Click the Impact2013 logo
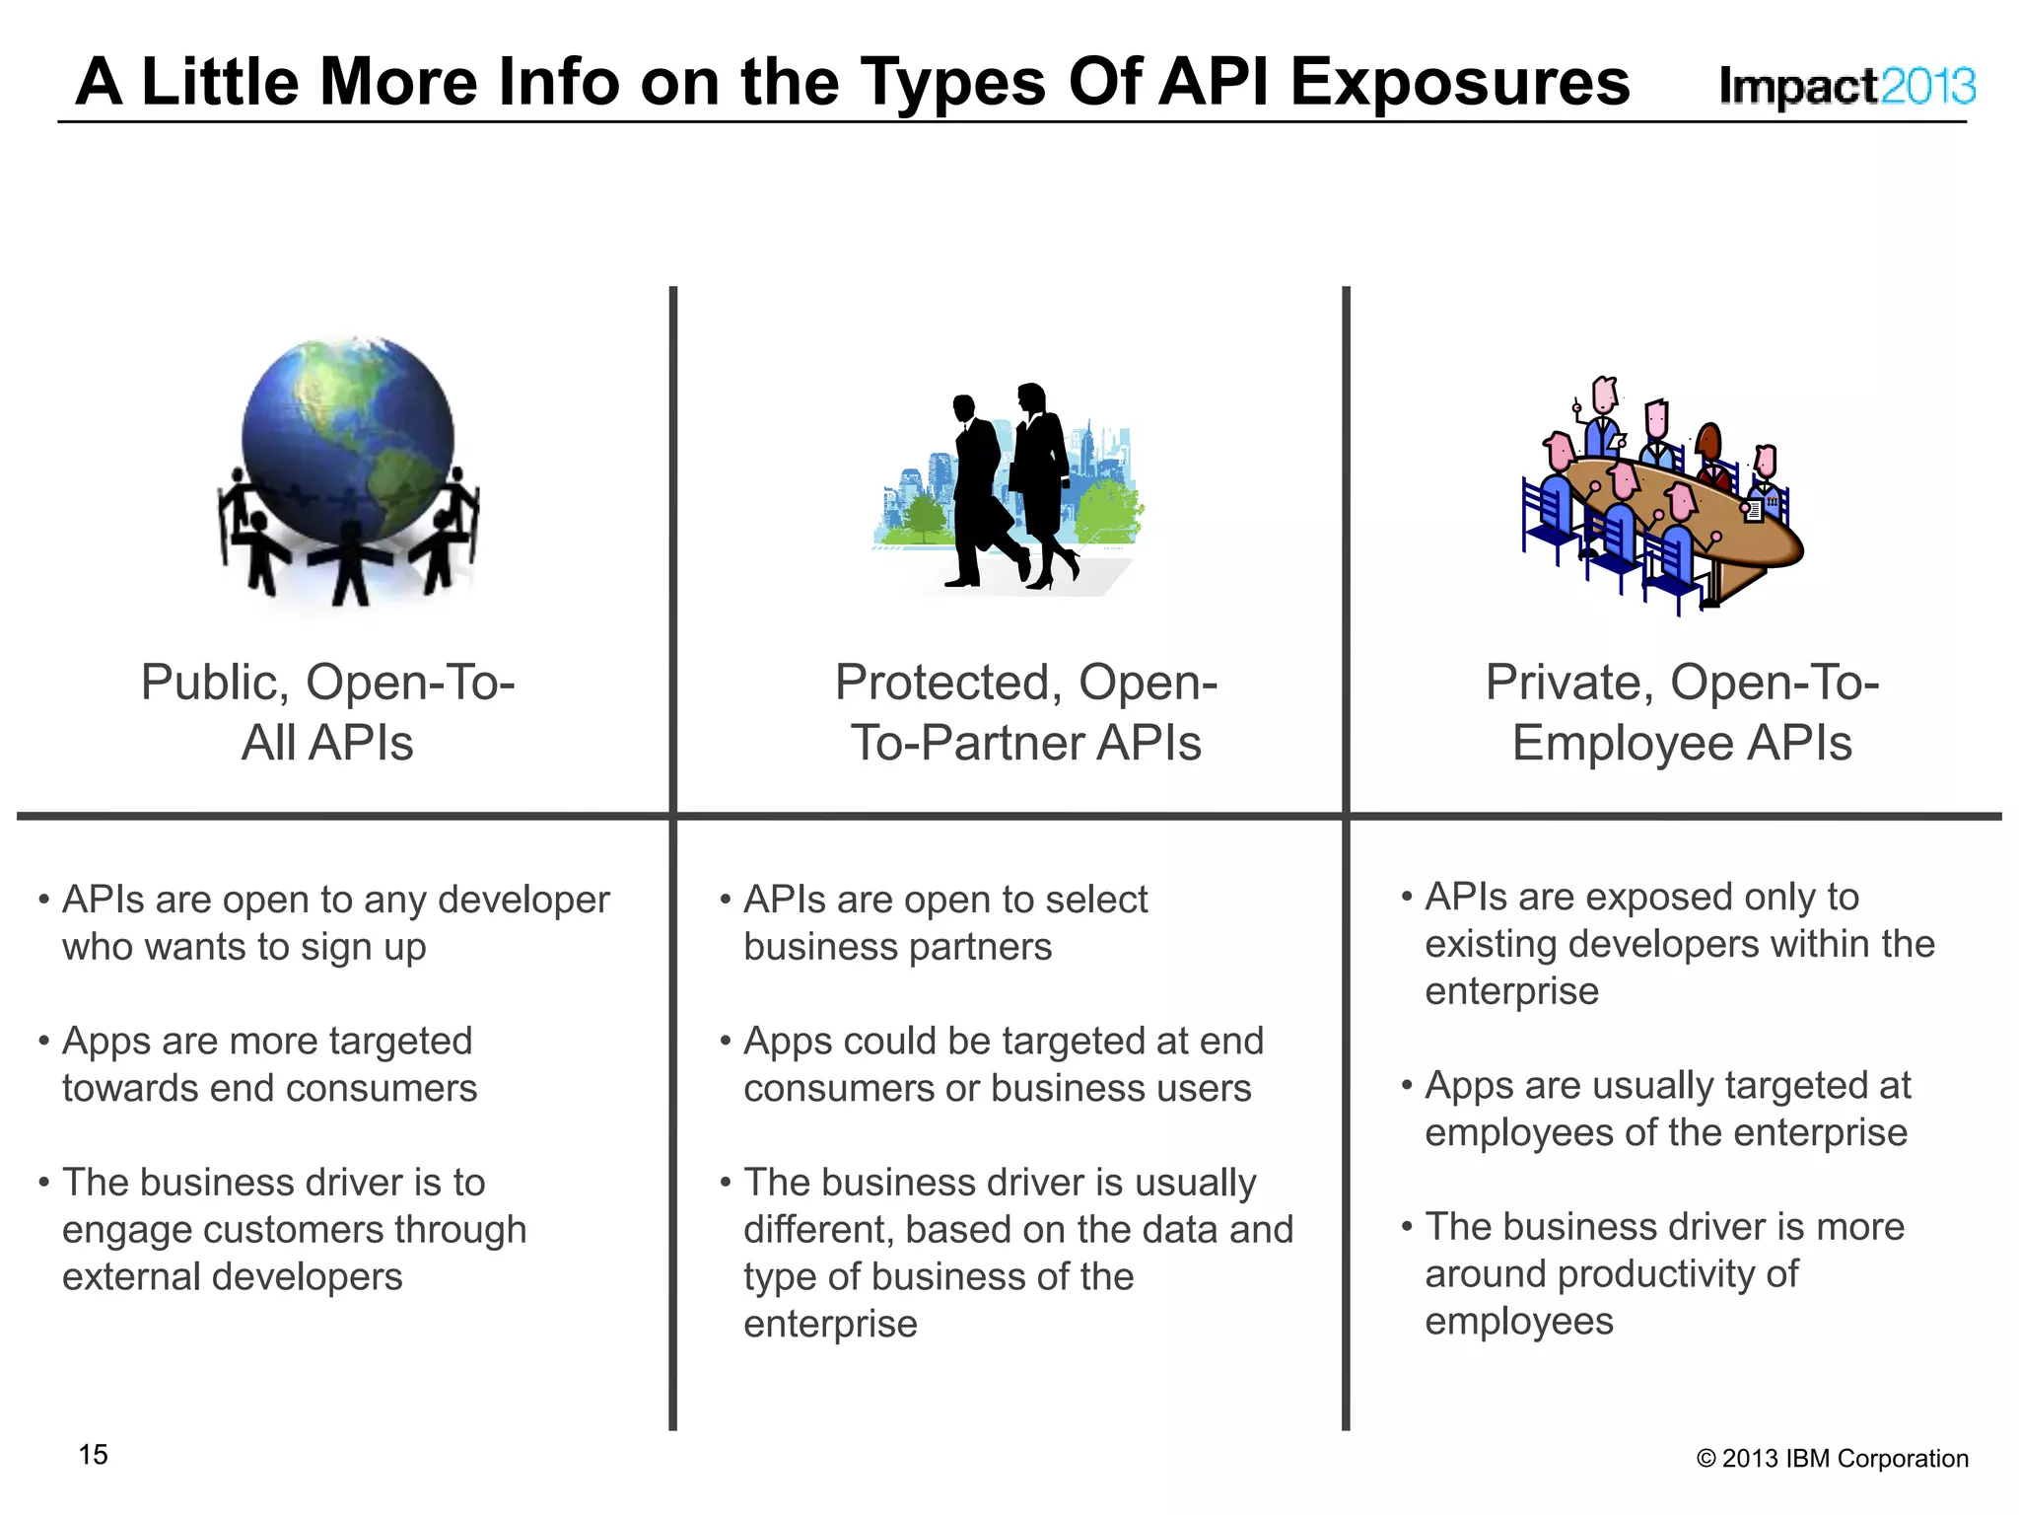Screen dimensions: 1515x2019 point(1846,87)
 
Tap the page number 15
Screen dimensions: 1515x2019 point(94,1454)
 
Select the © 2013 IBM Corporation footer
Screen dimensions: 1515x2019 point(1832,1458)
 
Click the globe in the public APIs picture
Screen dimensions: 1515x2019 point(347,434)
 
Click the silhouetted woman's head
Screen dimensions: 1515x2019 point(1032,397)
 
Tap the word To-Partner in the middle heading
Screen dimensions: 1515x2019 point(964,743)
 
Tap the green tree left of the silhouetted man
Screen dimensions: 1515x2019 point(923,518)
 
